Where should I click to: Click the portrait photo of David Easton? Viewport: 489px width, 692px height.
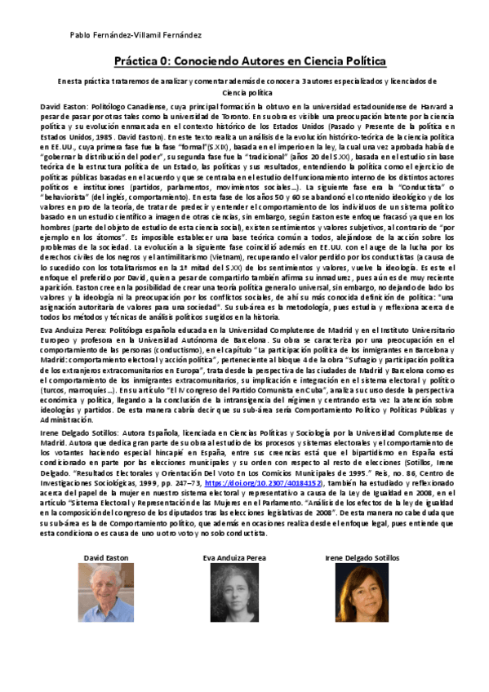click(x=105, y=593)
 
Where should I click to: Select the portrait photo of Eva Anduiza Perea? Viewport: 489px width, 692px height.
click(x=234, y=593)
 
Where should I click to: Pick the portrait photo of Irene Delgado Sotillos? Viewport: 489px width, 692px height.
click(x=362, y=593)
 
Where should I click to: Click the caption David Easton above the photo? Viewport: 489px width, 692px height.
click(x=106, y=557)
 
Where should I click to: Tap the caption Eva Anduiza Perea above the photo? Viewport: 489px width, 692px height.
click(x=234, y=557)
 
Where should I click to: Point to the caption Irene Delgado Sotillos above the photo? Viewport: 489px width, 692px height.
click(x=362, y=557)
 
